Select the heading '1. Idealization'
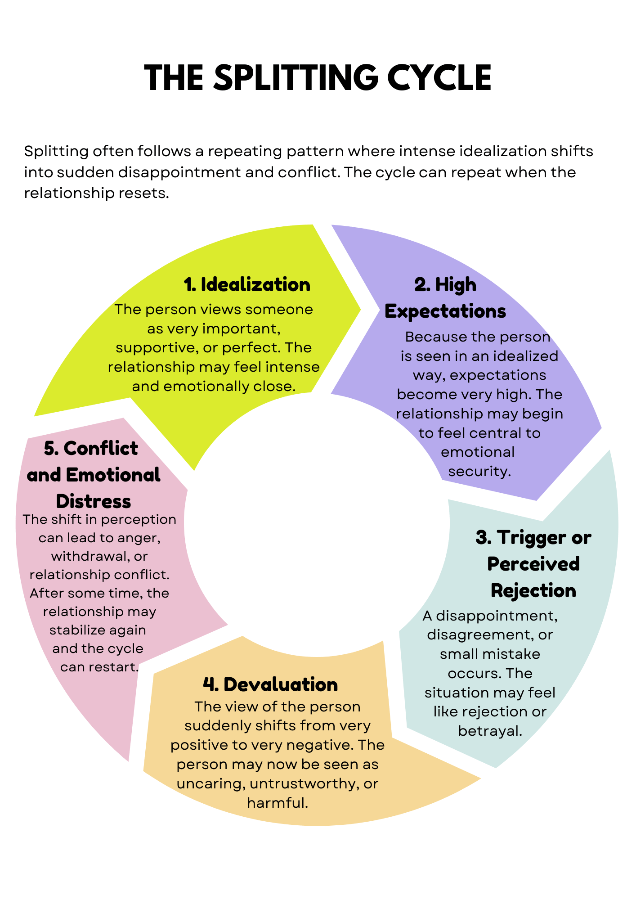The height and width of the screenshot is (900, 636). pyautogui.click(x=247, y=284)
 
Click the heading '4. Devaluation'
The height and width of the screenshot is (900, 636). pyautogui.click(x=270, y=684)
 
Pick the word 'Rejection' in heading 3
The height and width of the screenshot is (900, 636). pyautogui.click(x=533, y=590)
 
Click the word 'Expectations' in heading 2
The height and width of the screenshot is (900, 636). pyautogui.click(x=445, y=311)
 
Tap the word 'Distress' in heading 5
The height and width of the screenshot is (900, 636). pyautogui.click(x=94, y=501)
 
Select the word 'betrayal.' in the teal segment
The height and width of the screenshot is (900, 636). pyautogui.click(x=490, y=731)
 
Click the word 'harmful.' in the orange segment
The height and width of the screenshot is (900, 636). pyautogui.click(x=278, y=803)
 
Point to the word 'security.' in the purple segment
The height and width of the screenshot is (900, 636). pyautogui.click(x=479, y=471)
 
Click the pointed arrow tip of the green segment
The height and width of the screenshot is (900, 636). pyautogui.click(x=360, y=309)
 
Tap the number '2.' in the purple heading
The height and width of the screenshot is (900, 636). pyautogui.click(x=422, y=284)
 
